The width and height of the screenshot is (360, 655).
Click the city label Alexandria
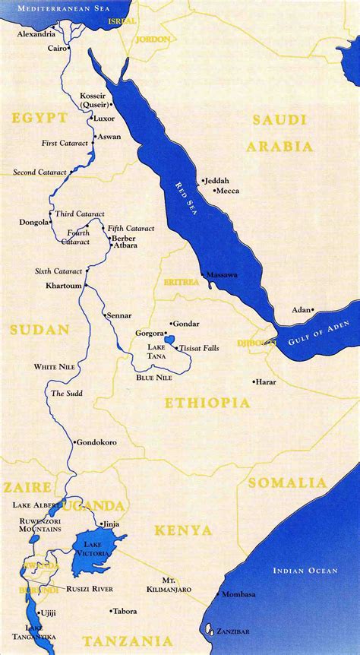[36, 34]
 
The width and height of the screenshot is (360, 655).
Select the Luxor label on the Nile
[103, 119]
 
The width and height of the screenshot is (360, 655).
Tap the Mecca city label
[227, 191]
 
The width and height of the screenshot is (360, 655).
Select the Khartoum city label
[63, 286]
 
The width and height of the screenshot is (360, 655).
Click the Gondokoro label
[98, 441]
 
